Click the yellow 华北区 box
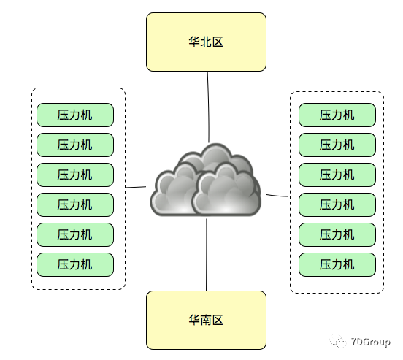pos(206,42)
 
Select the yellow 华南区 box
pos(206,320)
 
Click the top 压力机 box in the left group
pos(75,115)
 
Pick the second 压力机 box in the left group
pos(75,145)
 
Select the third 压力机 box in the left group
pos(75,175)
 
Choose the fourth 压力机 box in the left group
pos(75,204)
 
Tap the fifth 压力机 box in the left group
pos(75,234)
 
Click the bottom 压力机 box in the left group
pos(75,264)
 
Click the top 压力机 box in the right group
pos(337,115)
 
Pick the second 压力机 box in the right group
pos(337,145)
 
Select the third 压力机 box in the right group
pos(337,175)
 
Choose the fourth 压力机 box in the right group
pos(337,204)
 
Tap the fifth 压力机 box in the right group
pos(337,234)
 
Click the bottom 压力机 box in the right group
pos(337,264)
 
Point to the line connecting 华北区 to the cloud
pos(208,106)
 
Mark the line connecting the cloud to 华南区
pos(207,256)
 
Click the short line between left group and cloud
pos(136,187)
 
